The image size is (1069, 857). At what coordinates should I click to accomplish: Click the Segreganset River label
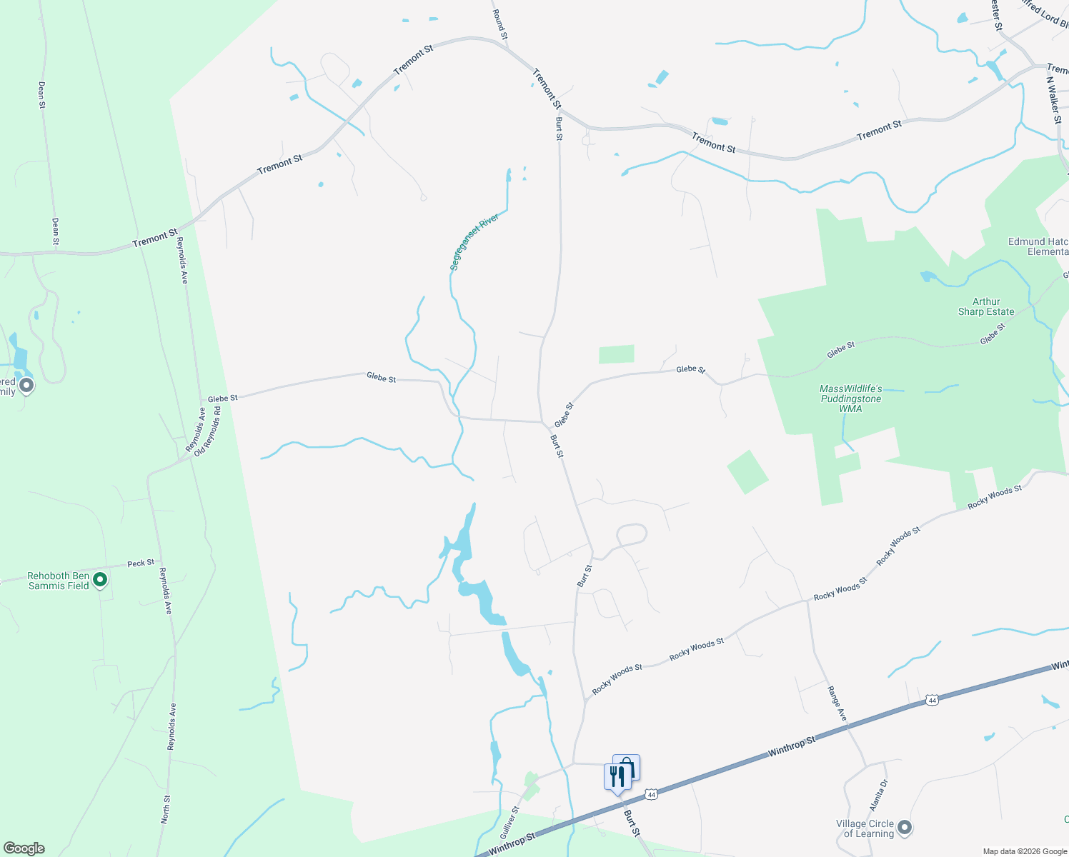pos(474,242)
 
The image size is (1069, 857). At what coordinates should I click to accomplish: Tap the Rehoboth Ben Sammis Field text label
pos(59,581)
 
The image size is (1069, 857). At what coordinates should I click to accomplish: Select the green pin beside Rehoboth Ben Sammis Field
pos(100,580)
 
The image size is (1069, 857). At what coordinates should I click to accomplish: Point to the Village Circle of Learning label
pos(865,828)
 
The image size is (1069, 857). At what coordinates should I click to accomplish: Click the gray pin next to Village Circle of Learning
pos(905,828)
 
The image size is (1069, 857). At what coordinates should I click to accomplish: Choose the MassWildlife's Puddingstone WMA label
pos(850,399)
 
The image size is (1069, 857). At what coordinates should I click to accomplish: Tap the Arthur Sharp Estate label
pos(986,306)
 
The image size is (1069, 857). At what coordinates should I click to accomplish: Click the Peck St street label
pos(141,563)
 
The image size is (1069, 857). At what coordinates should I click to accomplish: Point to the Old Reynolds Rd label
pos(208,431)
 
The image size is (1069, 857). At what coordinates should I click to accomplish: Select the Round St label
pos(500,24)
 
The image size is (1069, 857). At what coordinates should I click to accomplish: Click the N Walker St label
pos(1054,100)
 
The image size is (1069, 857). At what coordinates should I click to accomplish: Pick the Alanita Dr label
pos(878,795)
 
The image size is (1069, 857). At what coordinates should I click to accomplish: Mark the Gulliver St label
pos(509,822)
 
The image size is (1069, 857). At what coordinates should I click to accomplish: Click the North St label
pos(166,809)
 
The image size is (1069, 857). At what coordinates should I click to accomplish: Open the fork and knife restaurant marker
pos(617,776)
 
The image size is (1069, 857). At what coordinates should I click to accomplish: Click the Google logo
pos(24,848)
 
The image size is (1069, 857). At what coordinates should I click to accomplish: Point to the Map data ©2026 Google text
pos(1024,851)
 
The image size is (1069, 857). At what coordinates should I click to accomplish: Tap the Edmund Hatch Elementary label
pos(1038,246)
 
